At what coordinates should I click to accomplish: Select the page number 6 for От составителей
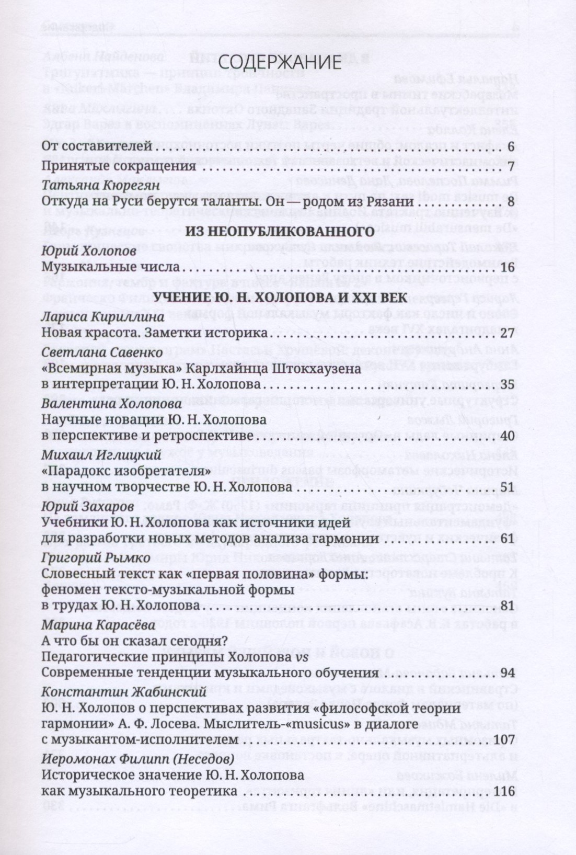(511, 146)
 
